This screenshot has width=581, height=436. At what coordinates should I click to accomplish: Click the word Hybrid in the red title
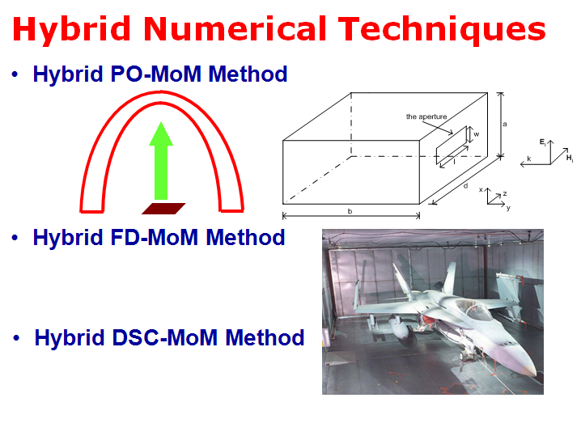71,30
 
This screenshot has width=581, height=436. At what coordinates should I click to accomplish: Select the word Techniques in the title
442,30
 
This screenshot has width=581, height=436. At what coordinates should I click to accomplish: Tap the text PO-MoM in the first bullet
155,74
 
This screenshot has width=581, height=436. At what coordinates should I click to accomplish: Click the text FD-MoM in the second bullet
154,237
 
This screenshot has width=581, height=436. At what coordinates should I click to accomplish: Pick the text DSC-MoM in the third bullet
164,337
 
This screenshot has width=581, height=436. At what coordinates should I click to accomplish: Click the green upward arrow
161,161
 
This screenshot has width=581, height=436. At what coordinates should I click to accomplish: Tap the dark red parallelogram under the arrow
163,209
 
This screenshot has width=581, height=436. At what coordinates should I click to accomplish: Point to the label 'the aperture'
426,116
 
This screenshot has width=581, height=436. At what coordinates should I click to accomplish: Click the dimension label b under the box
350,211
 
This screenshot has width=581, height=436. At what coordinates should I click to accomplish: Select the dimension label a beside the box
505,124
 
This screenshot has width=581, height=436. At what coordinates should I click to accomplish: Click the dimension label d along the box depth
466,185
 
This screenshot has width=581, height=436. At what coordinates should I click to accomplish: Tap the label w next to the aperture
477,134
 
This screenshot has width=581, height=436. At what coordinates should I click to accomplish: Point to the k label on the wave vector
529,159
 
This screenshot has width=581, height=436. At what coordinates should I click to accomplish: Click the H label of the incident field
570,159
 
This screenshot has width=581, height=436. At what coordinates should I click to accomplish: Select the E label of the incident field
543,142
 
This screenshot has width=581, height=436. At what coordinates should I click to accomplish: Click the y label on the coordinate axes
508,208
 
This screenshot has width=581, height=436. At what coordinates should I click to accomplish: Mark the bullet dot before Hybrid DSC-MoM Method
16,338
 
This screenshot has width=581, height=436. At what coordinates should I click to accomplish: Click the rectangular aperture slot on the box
452,146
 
